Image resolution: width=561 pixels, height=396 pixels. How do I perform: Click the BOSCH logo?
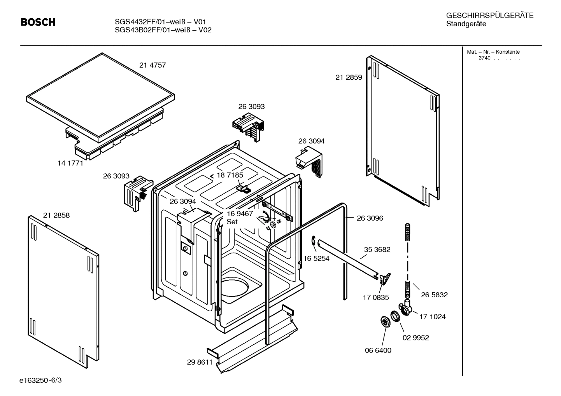tap(38, 23)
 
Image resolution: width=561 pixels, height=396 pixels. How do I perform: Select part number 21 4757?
tap(153, 65)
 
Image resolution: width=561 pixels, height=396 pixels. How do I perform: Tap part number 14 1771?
tap(70, 163)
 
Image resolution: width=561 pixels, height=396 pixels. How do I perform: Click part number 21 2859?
tap(349, 77)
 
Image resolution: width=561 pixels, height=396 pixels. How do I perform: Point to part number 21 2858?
tap(56, 215)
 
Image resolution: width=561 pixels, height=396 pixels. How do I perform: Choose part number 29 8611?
tap(200, 362)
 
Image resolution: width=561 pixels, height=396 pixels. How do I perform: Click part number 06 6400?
tap(378, 350)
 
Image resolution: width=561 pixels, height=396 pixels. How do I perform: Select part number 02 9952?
tap(415, 338)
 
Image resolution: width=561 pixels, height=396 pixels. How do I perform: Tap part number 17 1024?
tap(432, 317)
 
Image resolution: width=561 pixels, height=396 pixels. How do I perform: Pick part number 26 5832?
tap(434, 295)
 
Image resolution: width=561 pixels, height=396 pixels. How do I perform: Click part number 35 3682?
tap(377, 249)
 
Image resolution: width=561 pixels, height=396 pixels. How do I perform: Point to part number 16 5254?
tap(316, 258)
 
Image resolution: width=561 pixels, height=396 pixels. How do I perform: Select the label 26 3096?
tap(370, 218)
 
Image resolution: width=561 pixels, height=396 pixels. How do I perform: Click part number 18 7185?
tap(230, 175)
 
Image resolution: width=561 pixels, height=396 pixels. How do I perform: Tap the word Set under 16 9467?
tap(232, 222)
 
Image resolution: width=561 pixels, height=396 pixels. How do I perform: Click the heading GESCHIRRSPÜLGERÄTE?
tap(489, 16)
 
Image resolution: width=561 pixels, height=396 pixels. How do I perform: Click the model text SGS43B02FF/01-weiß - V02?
tap(163, 30)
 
